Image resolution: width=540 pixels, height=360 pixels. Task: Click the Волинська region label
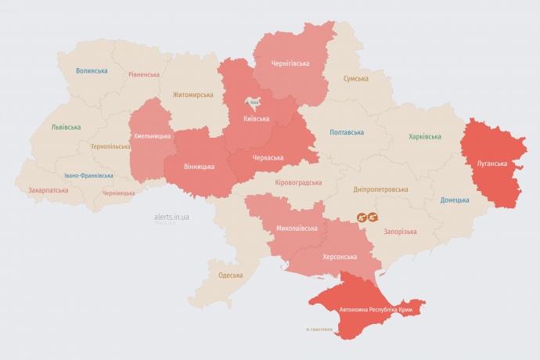pos(92,70)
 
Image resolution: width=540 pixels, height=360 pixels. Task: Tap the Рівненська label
pos(144,74)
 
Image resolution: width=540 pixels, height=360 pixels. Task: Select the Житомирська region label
pos(193,95)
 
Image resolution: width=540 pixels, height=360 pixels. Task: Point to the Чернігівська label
pos(290,63)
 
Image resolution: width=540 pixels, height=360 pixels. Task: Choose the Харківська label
pos(424,136)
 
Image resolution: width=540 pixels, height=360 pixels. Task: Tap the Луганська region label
pos(492,164)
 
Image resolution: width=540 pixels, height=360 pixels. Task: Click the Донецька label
pos(455,200)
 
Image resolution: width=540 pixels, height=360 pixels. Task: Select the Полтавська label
pos(346,132)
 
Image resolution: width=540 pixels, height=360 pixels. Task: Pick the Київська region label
pos(256,119)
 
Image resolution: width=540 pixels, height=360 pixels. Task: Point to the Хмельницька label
pos(152,135)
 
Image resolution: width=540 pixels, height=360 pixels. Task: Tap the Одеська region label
pos(230,275)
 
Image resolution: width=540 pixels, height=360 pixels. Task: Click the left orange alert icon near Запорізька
pos(362,217)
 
